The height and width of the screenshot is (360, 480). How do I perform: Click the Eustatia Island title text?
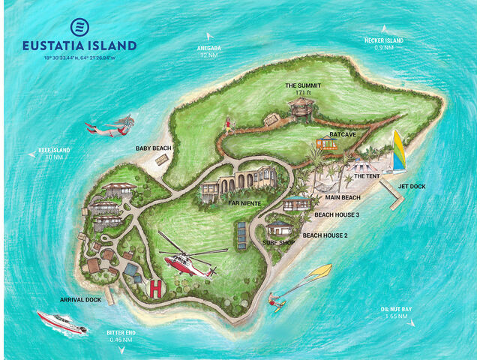79,45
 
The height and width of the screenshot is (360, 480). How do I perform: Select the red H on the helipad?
156,287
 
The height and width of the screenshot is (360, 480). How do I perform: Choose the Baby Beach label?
154,148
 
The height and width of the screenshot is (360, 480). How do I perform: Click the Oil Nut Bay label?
396,313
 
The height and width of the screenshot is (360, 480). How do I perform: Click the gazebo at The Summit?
302,107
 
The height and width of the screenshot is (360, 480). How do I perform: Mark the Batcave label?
343,134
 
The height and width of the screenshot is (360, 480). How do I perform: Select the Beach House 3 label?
337,214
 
